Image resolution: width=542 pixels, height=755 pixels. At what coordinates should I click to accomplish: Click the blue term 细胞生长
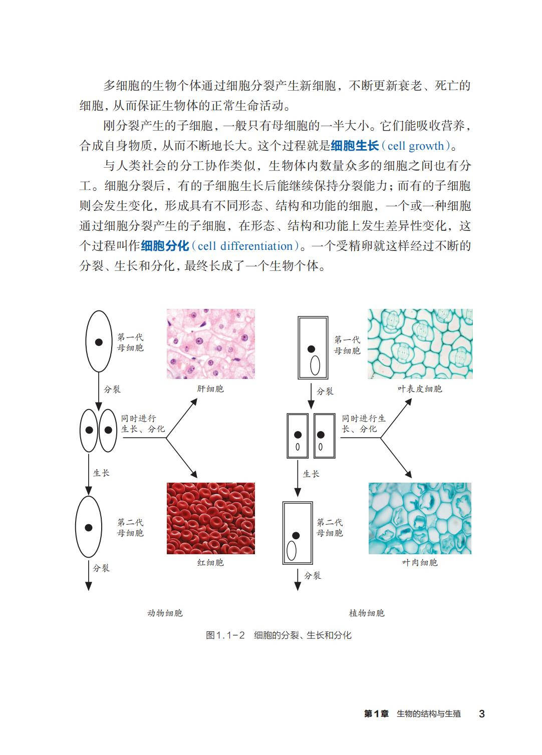point(355,146)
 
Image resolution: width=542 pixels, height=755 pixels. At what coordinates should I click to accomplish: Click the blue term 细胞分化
point(165,246)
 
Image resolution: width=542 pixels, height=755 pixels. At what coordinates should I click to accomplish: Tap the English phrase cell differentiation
point(245,246)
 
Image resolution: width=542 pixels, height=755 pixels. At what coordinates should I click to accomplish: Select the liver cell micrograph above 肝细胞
point(210,343)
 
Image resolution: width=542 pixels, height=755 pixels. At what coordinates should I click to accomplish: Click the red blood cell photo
point(210,518)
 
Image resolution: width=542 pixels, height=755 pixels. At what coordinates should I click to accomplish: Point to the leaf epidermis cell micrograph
point(420,343)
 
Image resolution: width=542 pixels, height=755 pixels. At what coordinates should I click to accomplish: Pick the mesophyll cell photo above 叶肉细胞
point(420,518)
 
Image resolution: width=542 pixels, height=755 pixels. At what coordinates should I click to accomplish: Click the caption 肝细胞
point(210,389)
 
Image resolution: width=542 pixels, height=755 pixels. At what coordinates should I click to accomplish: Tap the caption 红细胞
point(210,563)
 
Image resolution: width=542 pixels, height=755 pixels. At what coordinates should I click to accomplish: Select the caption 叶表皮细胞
point(420,389)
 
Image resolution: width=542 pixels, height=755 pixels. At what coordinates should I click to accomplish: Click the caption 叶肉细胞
point(420,563)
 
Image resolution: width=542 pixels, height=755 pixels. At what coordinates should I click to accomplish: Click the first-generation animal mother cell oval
point(99,341)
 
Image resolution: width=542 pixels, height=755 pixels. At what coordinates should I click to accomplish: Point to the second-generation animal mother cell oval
point(89,527)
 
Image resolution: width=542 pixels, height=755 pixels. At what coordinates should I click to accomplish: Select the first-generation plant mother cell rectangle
point(313,347)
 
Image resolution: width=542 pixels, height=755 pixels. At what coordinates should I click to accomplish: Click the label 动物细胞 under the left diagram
point(165,613)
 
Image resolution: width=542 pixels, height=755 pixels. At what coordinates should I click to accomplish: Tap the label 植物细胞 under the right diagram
point(367,613)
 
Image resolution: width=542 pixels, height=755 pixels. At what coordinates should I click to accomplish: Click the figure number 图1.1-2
point(225,635)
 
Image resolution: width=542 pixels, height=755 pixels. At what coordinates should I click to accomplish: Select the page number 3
point(482,714)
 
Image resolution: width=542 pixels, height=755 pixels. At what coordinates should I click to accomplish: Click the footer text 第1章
point(376,714)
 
